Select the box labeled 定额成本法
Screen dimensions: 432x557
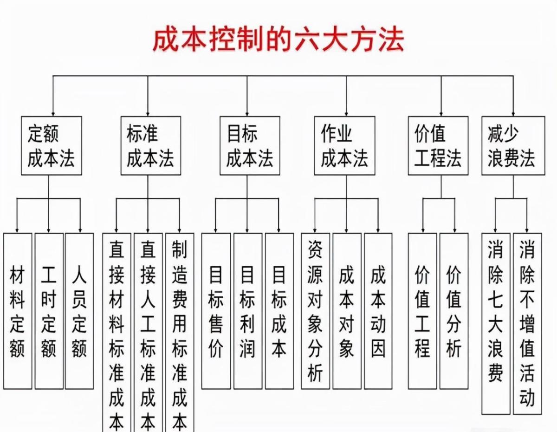tap(51, 145)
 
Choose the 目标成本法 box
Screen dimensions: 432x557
tap(250, 145)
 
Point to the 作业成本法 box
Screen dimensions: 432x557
tap(344, 145)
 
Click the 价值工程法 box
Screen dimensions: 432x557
tap(438, 145)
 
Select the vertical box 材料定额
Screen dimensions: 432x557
tap(18, 310)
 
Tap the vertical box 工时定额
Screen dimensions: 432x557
tap(49, 310)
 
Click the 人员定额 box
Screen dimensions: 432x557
tap(79, 310)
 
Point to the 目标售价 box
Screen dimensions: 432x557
tap(216, 310)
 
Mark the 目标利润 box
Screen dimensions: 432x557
tap(247, 310)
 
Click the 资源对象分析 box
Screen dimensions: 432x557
tap(316, 310)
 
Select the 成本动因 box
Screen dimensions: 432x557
tap(378, 310)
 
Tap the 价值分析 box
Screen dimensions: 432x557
tap(454, 310)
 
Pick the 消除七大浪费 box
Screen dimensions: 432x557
tap(496, 323)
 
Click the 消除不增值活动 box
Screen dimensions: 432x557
tap(527, 323)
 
